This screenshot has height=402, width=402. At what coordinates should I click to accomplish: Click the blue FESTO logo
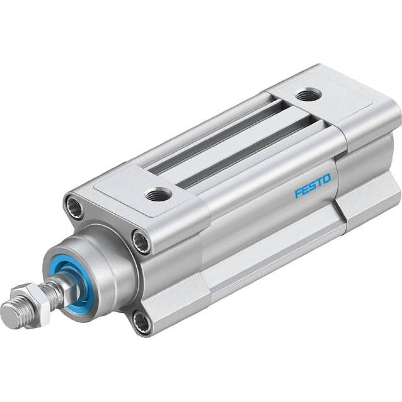tap(312, 186)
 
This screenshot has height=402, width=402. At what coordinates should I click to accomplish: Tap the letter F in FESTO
tap(298, 193)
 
